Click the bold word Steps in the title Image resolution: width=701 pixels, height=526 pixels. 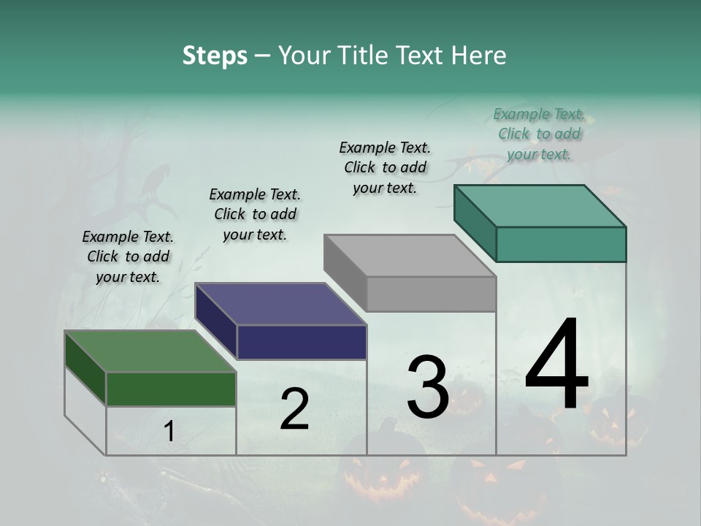[215, 56]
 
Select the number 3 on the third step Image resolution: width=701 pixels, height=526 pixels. [427, 387]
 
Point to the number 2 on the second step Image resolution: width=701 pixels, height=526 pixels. [294, 409]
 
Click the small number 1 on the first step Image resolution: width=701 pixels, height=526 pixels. [169, 432]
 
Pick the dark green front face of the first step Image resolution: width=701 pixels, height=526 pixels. [171, 389]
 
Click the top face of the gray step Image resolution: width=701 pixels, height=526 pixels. [410, 256]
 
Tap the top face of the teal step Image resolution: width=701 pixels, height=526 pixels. [540, 206]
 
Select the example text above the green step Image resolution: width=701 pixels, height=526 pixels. [128, 256]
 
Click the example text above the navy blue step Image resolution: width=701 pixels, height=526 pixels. [255, 214]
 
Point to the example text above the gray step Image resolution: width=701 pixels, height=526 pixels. [385, 167]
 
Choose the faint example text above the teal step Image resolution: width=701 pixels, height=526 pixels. [539, 134]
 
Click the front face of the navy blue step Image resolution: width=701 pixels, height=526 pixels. [302, 342]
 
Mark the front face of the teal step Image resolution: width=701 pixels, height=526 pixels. [561, 244]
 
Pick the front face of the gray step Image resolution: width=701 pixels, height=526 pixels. [431, 294]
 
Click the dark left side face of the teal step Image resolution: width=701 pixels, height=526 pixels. [475, 222]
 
